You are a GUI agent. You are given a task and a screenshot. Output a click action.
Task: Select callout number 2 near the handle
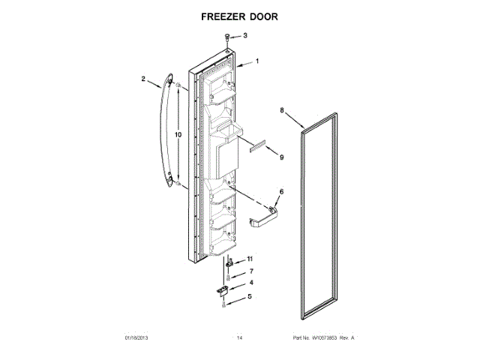point(144,78)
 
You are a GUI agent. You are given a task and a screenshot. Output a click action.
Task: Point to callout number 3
point(244,34)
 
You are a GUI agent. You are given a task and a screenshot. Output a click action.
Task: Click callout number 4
point(250,283)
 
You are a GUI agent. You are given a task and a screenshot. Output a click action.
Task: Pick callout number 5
point(250,296)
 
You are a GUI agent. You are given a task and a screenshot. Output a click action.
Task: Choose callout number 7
point(250,271)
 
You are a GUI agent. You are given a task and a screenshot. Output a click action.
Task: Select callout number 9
point(281,157)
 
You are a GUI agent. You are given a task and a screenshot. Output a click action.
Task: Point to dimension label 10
point(178,134)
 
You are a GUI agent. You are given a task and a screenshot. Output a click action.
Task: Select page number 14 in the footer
point(240,338)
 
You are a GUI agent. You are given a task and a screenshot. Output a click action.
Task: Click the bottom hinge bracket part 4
point(223,287)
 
